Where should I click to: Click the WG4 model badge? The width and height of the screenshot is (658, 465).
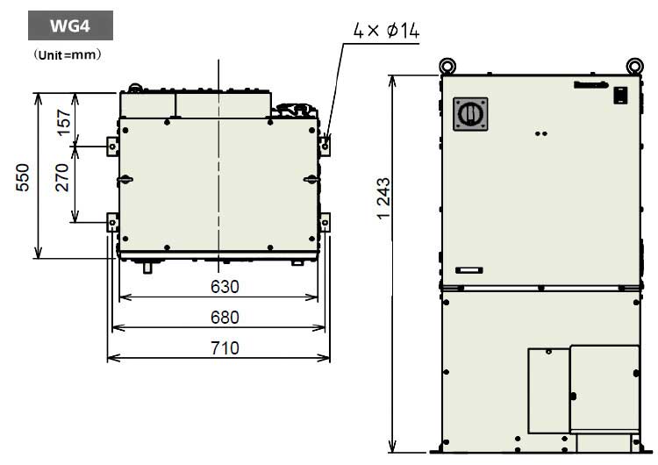[69, 26]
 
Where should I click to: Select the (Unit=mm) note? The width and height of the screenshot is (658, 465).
[69, 54]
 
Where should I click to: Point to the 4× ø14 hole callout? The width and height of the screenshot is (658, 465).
[387, 32]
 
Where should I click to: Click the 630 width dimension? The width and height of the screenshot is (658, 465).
[225, 287]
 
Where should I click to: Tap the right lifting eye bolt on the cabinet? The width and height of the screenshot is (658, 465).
[634, 65]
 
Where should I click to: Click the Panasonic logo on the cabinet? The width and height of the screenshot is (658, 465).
[614, 84]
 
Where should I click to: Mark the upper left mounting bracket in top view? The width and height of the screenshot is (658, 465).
[111, 145]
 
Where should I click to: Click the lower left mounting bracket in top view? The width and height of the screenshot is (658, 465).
[111, 221]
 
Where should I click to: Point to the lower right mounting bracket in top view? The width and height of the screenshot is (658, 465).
[325, 221]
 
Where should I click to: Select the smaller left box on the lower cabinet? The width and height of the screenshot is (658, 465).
[548, 390]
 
